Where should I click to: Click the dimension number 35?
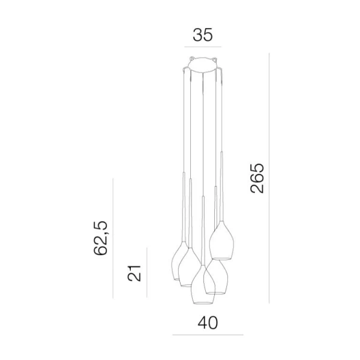click(x=203, y=35)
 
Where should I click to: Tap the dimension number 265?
click(x=257, y=178)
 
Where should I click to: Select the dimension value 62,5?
click(x=101, y=238)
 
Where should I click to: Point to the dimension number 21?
click(x=134, y=273)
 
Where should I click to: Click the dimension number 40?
click(x=208, y=323)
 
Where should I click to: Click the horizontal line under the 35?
click(x=203, y=47)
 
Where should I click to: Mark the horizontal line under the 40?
click(x=208, y=335)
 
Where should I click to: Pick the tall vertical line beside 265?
click(x=269, y=178)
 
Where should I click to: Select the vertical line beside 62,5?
click(x=113, y=238)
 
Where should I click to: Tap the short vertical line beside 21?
click(x=147, y=272)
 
